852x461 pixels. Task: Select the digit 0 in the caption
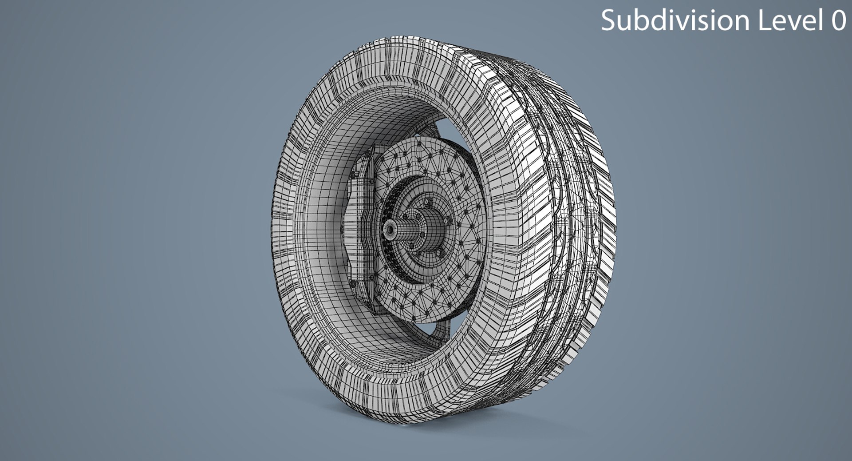(x=838, y=20)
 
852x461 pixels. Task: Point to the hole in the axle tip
(x=390, y=229)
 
